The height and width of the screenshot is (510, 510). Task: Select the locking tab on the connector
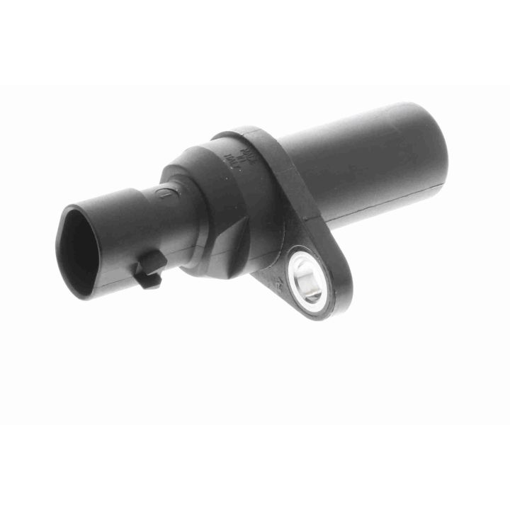pyautogui.click(x=149, y=271)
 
